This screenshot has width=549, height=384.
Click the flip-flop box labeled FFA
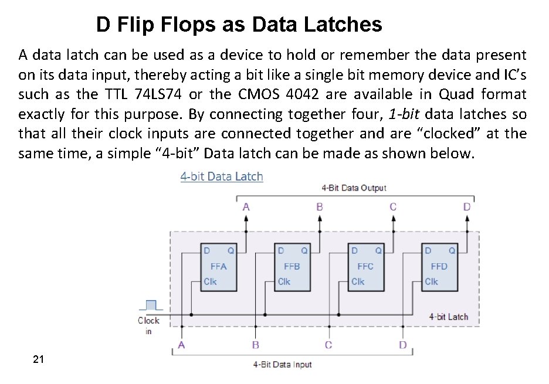click(x=219, y=266)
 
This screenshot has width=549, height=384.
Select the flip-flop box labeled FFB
click(x=292, y=266)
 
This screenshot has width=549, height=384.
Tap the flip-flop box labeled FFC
click(x=365, y=266)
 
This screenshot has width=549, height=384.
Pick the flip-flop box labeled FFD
click(x=439, y=266)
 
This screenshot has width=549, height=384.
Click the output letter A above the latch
click(x=246, y=206)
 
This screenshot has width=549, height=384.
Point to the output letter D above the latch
click(x=467, y=206)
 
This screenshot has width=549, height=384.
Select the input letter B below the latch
click(x=256, y=345)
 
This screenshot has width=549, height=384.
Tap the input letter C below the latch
click(x=328, y=345)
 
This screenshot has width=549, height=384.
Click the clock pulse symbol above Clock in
click(x=151, y=305)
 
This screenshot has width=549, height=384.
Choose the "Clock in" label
click(x=148, y=325)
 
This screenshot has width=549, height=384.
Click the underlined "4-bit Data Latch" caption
click(x=222, y=176)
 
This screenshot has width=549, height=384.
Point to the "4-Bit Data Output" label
click(x=354, y=188)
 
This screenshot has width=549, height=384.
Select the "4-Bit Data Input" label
click(x=282, y=365)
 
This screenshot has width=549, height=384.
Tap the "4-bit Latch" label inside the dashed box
click(x=449, y=317)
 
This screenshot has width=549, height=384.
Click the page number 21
click(x=39, y=359)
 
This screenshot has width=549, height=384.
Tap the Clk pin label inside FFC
click(x=357, y=281)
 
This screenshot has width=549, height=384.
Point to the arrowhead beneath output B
click(x=320, y=219)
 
